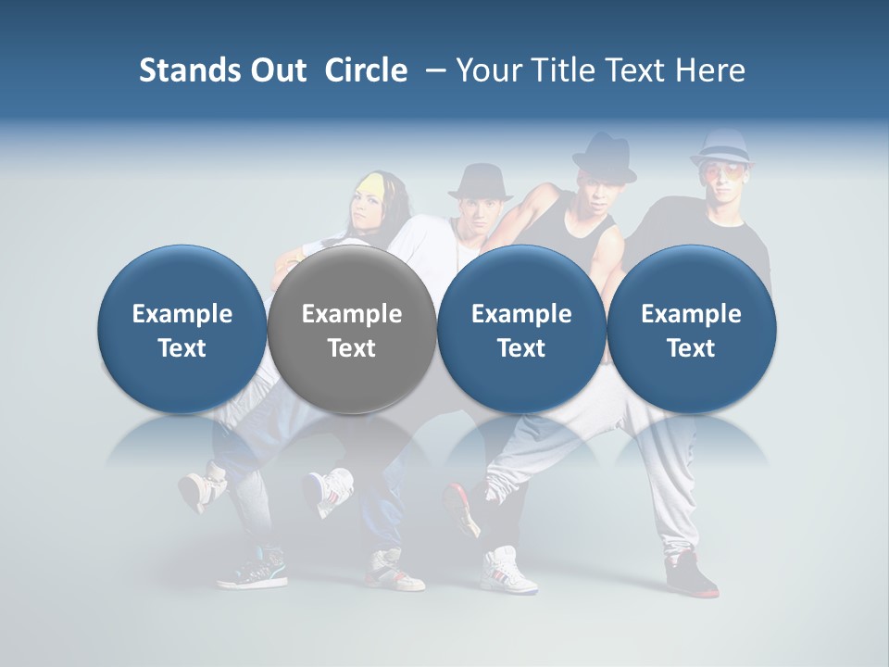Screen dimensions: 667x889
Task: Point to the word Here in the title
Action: pyautogui.click(x=711, y=70)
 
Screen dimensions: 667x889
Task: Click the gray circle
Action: pyautogui.click(x=352, y=329)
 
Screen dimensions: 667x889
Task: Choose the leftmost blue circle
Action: pyautogui.click(x=182, y=329)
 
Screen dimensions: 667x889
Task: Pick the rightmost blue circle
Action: pyautogui.click(x=691, y=329)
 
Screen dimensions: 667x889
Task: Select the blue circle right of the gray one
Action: pyautogui.click(x=521, y=329)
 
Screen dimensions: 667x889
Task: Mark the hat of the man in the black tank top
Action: pyautogui.click(x=603, y=156)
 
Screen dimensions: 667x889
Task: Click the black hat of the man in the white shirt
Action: pyautogui.click(x=480, y=182)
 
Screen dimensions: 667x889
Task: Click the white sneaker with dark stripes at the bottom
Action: pyautogui.click(x=507, y=567)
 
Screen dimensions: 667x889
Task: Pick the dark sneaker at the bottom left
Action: pyautogui.click(x=252, y=567)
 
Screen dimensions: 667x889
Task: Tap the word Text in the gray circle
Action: pyautogui.click(x=352, y=348)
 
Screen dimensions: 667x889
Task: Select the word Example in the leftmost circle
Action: pyautogui.click(x=182, y=314)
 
